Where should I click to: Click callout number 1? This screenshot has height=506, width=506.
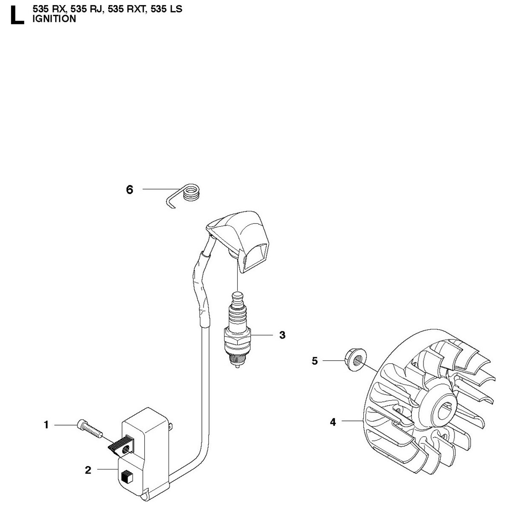click(47, 425)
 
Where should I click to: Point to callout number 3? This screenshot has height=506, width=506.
click(282, 335)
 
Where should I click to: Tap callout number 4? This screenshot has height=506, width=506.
click(333, 421)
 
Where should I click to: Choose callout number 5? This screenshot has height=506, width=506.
click(315, 361)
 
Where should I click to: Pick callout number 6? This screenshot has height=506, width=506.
click(130, 190)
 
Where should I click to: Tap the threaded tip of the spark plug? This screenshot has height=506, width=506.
click(236, 359)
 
